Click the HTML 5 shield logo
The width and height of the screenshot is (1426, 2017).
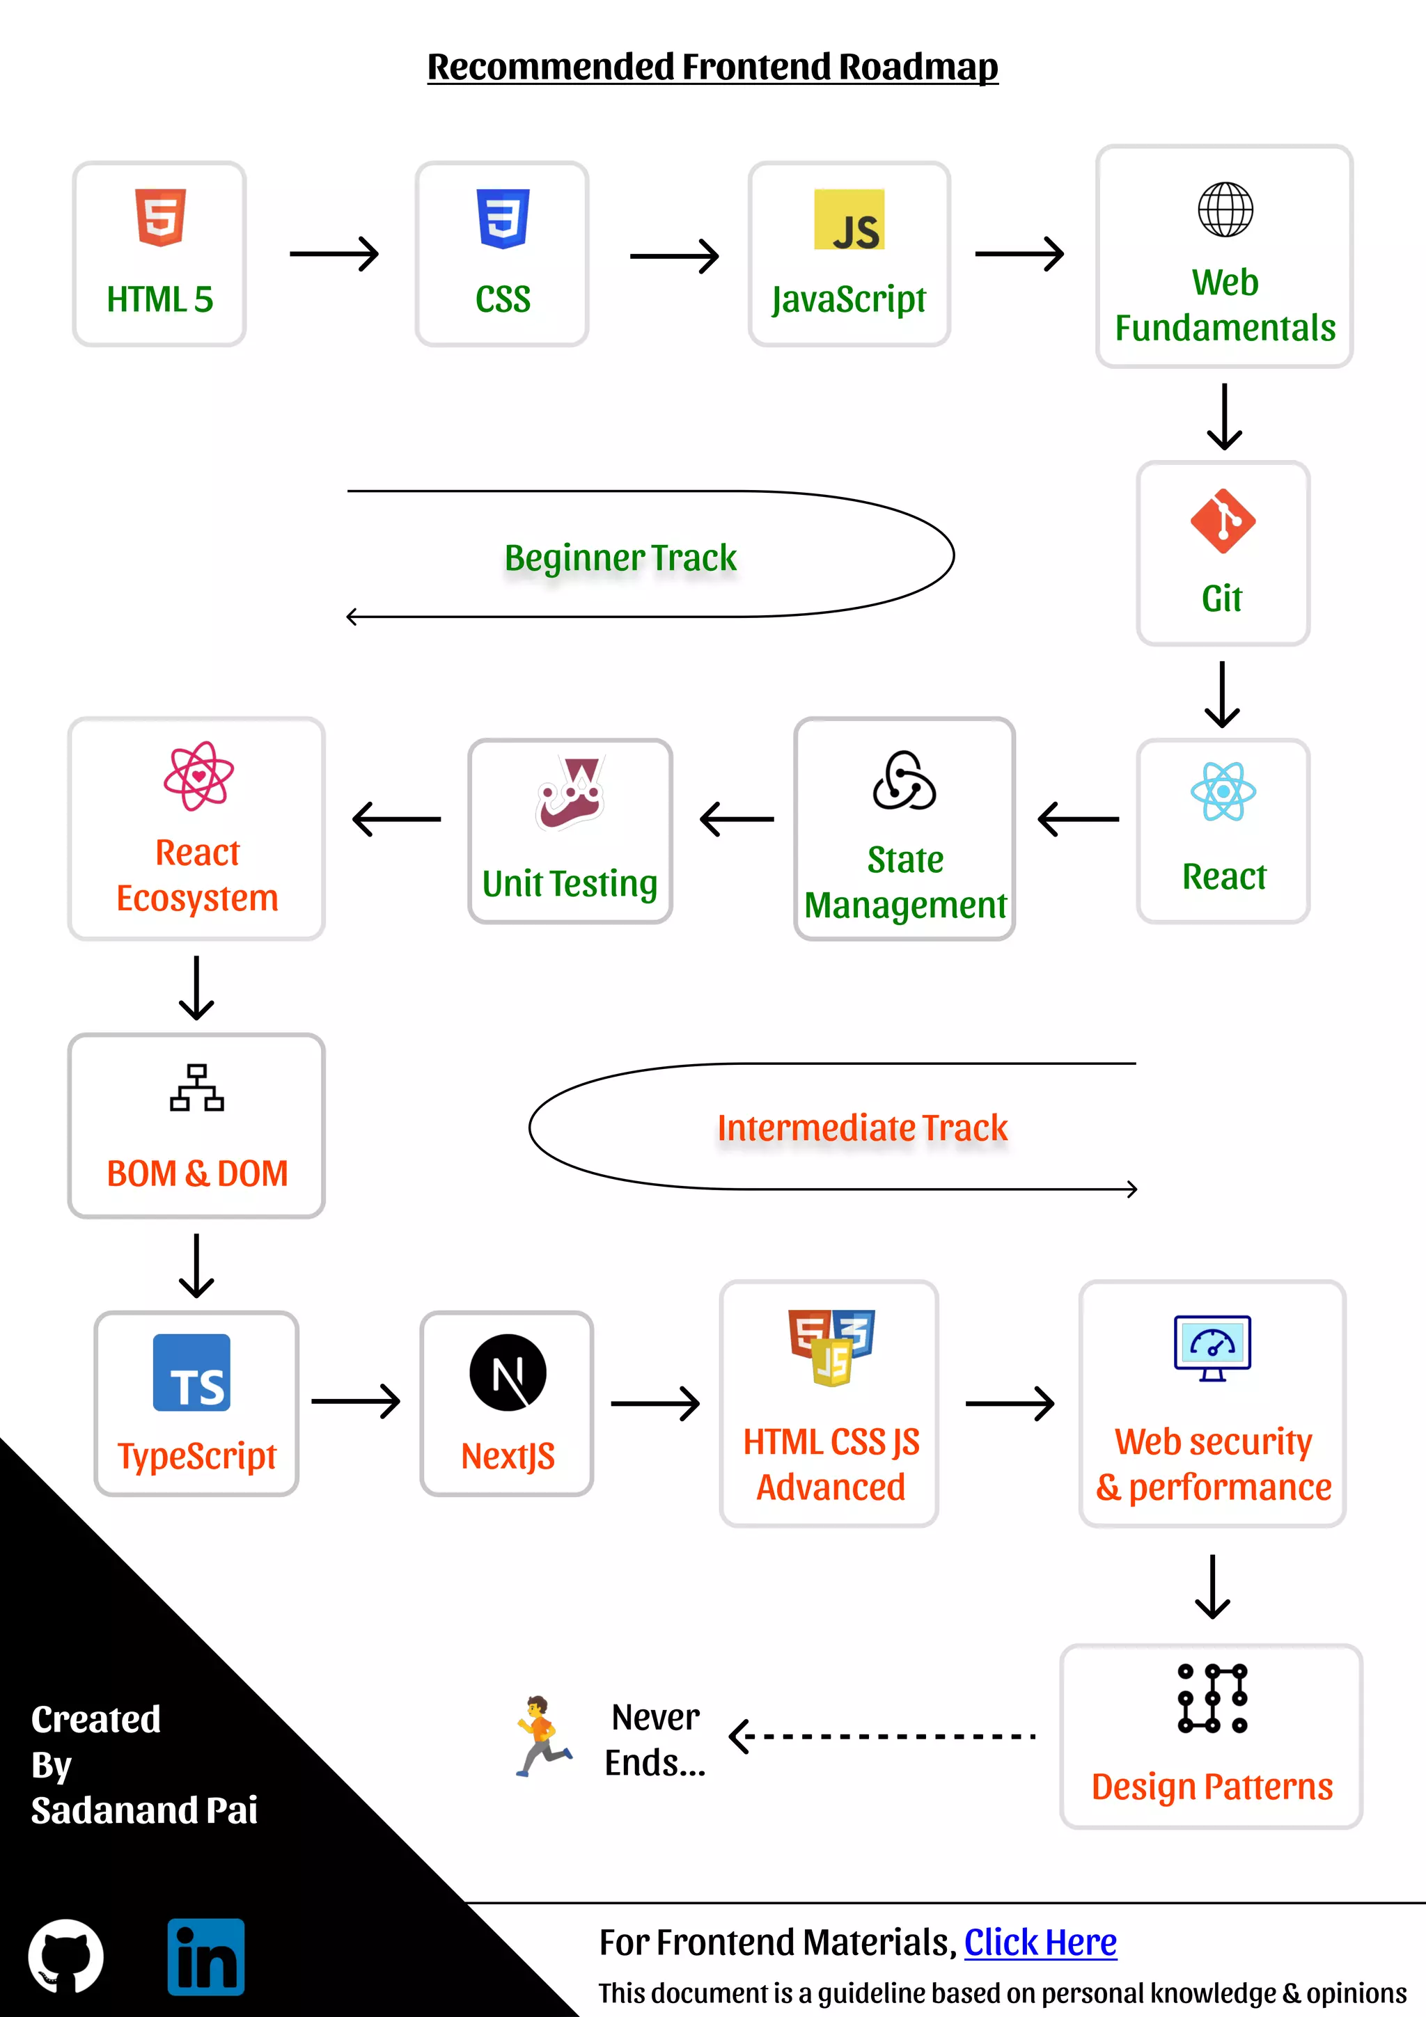point(160,217)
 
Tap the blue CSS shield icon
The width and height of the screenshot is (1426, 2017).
point(503,219)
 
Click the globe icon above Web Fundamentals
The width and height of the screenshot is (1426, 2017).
point(1225,209)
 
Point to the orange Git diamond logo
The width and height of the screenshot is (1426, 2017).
point(1222,521)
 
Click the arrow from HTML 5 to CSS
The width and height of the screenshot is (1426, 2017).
point(334,254)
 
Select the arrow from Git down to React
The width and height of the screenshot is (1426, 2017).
point(1222,694)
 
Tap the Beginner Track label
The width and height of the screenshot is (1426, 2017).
point(620,557)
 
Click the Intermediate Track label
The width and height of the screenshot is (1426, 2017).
point(862,1128)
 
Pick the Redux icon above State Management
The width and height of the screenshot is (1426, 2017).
point(904,780)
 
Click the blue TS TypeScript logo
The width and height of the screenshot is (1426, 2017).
point(191,1373)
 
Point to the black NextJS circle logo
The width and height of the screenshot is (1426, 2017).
point(508,1373)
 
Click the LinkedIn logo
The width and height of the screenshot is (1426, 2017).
point(205,1956)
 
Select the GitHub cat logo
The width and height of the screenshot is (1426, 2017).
point(66,1956)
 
